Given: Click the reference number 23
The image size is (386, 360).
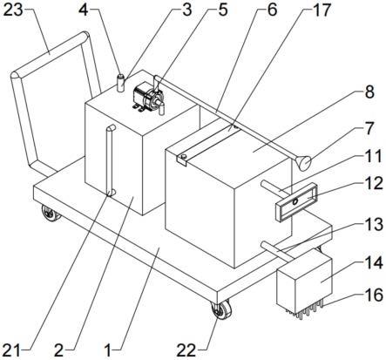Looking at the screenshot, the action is tap(14, 10).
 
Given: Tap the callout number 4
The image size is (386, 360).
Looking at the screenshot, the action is tap(84, 10).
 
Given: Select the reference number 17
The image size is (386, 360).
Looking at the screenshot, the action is tap(322, 10).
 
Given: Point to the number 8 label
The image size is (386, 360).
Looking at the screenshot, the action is tap(369, 92).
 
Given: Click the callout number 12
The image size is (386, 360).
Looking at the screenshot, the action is tap(373, 184).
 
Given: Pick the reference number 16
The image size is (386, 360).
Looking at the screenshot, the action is tap(373, 295).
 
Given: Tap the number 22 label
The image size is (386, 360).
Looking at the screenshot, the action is tap(186, 350).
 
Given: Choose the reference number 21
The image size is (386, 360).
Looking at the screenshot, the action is tap(11, 350).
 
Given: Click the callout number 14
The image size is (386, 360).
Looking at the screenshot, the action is tap(373, 263).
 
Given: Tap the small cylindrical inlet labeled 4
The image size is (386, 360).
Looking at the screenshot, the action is tap(120, 83).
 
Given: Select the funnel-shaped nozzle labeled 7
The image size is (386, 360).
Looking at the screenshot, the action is tap(303, 163).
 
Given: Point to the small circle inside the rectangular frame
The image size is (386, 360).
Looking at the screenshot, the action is tap(295, 201).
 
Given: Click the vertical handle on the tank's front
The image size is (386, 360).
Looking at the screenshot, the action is tap(110, 160).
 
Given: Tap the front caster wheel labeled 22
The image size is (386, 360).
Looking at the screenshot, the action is tap(221, 309).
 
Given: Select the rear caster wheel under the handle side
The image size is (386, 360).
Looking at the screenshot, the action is tap(50, 214).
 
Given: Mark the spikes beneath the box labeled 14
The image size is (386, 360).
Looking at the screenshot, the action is tap(306, 310).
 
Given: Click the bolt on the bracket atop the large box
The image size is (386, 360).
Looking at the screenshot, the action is tap(184, 157).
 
